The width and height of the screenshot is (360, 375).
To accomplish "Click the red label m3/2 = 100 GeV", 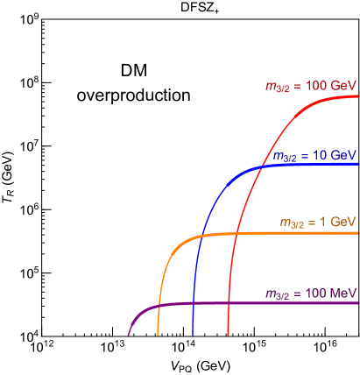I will click(x=311, y=86).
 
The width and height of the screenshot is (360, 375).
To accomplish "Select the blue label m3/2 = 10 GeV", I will click(x=314, y=155).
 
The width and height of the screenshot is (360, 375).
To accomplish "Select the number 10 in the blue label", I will click(x=319, y=155).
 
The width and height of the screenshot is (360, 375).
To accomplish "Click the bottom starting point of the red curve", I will click(x=228, y=335).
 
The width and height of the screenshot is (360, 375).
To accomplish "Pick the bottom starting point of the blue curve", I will click(x=193, y=335).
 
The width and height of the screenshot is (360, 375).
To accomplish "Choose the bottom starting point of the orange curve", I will click(x=158, y=335).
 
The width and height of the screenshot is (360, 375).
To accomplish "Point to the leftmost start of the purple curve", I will click(x=129, y=335).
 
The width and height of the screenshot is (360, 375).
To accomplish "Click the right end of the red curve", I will click(x=357, y=96).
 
